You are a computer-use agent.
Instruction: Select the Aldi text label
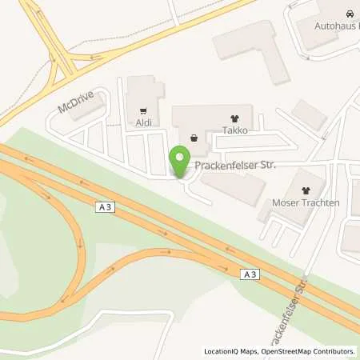pos(143,124)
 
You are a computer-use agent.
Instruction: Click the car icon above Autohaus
pos(350,14)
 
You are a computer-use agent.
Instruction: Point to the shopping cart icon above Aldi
pos(143,111)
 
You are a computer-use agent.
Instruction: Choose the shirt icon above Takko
pos(234,116)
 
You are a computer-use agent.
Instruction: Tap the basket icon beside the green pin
pos(194,137)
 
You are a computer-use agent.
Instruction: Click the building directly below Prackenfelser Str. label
pos(232,187)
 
